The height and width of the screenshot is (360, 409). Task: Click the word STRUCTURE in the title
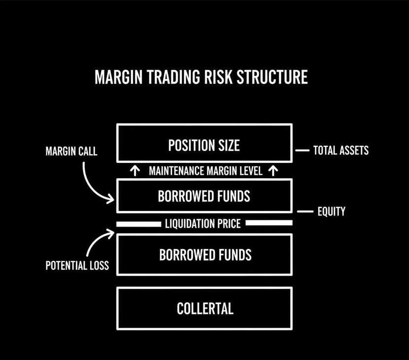[x=271, y=78]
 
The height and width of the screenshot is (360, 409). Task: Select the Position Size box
[x=204, y=143]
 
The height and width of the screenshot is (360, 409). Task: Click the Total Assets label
[x=341, y=150]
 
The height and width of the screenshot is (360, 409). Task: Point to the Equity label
[x=331, y=211]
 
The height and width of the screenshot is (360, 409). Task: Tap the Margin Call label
[x=72, y=152]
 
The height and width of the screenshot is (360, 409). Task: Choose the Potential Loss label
[x=77, y=266]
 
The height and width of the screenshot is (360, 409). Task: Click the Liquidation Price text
[x=203, y=224]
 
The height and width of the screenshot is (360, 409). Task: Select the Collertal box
[x=204, y=308]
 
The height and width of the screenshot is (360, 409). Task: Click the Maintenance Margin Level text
[x=206, y=171]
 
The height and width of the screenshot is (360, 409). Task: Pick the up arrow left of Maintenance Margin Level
[x=135, y=171]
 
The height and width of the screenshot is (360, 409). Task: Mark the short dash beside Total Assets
[x=301, y=150]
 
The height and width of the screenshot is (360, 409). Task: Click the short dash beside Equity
[x=305, y=211]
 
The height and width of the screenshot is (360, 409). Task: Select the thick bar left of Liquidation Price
[x=139, y=224]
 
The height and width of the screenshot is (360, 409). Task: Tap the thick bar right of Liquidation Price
[x=269, y=223]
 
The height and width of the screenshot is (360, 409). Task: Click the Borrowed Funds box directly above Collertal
[x=204, y=254]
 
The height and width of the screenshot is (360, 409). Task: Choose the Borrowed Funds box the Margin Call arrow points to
[x=204, y=196]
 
